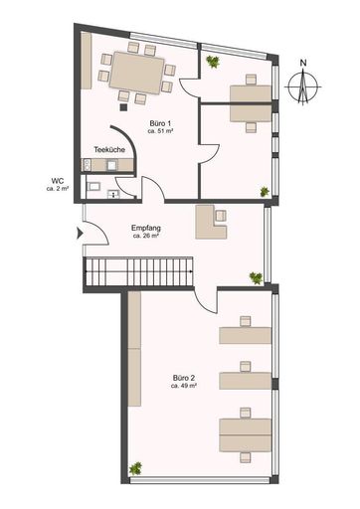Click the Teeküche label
107,150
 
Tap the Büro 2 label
183,378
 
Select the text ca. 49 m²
183,387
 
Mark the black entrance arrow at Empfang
80,237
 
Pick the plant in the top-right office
212,62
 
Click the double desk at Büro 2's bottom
245,432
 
